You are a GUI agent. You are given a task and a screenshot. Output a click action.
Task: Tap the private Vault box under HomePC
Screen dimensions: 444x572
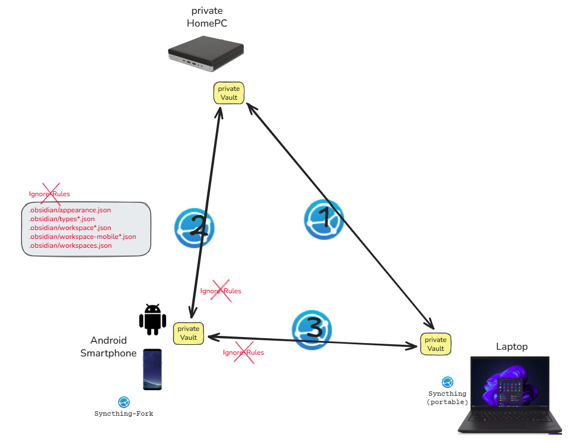(229, 93)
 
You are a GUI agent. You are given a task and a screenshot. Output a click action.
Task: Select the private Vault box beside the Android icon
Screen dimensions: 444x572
(188, 333)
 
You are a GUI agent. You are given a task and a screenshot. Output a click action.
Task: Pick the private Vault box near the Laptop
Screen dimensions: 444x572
(436, 344)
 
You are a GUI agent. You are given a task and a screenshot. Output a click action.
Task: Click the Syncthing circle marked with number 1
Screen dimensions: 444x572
(324, 219)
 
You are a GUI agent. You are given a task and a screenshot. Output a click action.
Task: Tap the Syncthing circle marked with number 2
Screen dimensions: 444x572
(195, 227)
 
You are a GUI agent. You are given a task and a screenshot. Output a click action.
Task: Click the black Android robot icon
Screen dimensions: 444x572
(152, 319)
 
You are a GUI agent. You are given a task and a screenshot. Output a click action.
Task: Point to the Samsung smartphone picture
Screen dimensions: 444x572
(152, 369)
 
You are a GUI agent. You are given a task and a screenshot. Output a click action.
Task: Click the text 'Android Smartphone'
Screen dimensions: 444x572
(109, 346)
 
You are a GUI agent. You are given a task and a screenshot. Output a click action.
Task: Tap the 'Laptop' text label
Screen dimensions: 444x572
(512, 346)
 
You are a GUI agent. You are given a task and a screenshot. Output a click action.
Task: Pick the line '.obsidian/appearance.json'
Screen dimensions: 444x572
(70, 211)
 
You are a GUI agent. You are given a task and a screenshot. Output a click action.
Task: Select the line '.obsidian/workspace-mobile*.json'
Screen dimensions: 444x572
(83, 237)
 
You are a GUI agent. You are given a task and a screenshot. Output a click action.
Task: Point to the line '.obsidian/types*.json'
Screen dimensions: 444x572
(65, 220)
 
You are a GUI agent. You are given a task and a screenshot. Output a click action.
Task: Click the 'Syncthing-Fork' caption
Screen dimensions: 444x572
(124, 414)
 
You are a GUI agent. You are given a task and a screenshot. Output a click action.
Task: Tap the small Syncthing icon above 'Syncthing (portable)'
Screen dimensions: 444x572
(447, 382)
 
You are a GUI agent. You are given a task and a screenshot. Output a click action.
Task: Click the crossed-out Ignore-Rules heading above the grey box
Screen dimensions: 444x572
(49, 194)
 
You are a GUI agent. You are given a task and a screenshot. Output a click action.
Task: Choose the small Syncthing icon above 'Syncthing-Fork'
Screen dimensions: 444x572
(124, 402)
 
